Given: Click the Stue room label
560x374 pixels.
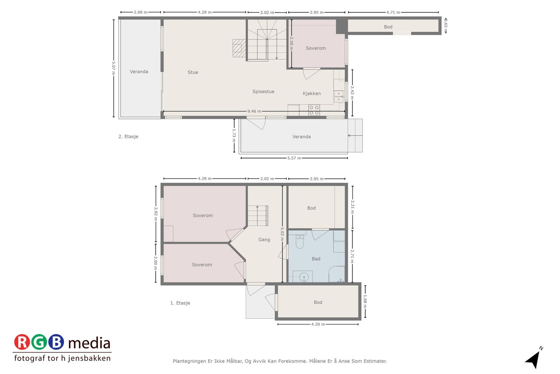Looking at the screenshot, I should tap(193, 72).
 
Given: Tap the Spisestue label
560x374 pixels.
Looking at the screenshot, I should tap(263, 91).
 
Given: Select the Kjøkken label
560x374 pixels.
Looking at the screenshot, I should tap(311, 93).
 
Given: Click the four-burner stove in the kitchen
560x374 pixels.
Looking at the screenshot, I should tap(314, 110).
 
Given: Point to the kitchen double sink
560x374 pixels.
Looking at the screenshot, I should tap(338, 97).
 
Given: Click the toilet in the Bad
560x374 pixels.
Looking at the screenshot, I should tap(300, 242).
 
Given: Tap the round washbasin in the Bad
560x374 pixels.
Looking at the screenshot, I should tap(304, 277).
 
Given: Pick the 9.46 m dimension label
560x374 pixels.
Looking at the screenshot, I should tap(254, 111).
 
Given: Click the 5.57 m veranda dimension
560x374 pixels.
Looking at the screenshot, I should tap(294, 158).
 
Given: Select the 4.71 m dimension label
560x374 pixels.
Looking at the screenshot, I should tap(393, 12).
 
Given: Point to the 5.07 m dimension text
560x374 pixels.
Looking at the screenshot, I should tap(113, 68).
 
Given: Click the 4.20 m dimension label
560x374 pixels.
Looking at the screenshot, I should tap(318, 324).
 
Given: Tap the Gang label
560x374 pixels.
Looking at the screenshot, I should tap(264, 240).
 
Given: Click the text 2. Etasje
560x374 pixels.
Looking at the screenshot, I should tap(128, 136).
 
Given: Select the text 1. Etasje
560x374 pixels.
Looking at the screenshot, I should tap(180, 303).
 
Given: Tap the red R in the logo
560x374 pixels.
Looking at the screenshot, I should tap(22, 342).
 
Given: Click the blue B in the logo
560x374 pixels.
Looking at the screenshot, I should tap(56, 342).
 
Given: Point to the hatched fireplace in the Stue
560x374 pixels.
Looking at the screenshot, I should tap(239, 48).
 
